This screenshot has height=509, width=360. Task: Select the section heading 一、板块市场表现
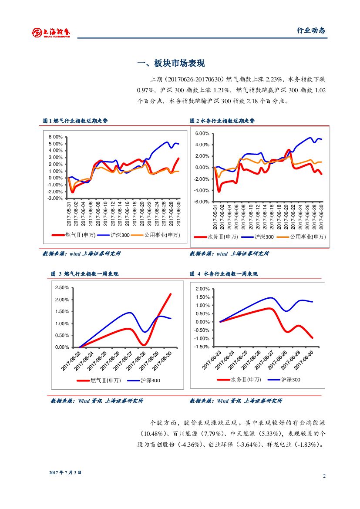pos(171,64)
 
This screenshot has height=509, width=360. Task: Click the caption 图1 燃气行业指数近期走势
pos(75,121)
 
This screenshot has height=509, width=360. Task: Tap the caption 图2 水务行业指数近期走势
pos(222,121)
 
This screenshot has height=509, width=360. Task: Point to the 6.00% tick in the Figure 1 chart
pos(55,137)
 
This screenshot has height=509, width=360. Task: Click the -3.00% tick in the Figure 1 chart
pos(55,198)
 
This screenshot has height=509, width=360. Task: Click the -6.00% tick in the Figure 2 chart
pos(202,202)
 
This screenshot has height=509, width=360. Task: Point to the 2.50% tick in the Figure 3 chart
pos(62,288)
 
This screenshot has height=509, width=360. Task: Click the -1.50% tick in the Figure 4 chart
pos(203,347)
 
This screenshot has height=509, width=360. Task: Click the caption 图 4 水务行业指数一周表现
pos(224,274)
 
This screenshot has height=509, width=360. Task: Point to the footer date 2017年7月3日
pos(65,472)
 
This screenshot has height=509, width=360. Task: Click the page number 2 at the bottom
pos(324,476)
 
